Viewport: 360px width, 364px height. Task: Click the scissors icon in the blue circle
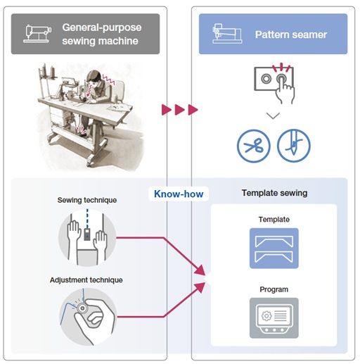pos(254,146)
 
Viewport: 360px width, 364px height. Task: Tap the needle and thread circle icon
pos(294,146)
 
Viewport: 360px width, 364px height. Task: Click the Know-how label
pos(179,194)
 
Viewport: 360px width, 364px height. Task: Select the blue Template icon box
pos(274,248)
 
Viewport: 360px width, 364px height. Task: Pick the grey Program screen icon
pos(274,318)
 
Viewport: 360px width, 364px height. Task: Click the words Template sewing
pos(274,193)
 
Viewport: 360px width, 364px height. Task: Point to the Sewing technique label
pos(87,200)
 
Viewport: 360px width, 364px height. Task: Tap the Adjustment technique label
pos(86,280)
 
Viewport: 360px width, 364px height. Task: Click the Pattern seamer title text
pos(291,34)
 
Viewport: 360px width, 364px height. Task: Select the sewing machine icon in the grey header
pos(37,34)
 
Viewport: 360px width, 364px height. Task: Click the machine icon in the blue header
pos(227,34)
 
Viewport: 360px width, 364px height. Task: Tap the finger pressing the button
pos(285,90)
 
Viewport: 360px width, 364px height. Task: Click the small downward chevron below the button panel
pos(273,115)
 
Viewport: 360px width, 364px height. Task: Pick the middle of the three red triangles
pos(179,110)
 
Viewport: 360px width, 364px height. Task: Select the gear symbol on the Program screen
pos(266,316)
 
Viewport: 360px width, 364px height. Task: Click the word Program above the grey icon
pos(274,289)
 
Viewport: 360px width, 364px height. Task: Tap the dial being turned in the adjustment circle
pos(82,308)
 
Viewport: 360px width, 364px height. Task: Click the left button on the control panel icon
pos(266,79)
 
